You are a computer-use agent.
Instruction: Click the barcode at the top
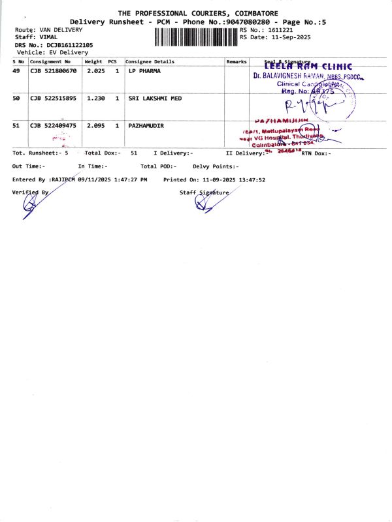click(x=197, y=37)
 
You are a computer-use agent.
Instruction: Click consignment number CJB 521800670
click(x=53, y=70)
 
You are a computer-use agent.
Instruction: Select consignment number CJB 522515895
click(x=53, y=98)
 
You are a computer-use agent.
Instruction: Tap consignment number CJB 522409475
click(x=53, y=125)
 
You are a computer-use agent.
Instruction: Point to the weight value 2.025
click(x=95, y=70)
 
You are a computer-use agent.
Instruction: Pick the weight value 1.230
click(x=95, y=98)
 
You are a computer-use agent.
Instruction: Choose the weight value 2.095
click(x=95, y=125)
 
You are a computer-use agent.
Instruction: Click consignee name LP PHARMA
click(x=144, y=70)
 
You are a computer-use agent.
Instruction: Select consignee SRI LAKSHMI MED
click(x=155, y=98)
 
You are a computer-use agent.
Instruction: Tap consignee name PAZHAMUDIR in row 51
click(x=146, y=125)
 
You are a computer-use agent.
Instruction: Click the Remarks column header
click(x=237, y=61)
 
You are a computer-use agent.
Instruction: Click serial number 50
click(x=16, y=98)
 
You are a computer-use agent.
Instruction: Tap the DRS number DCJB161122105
click(x=69, y=45)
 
